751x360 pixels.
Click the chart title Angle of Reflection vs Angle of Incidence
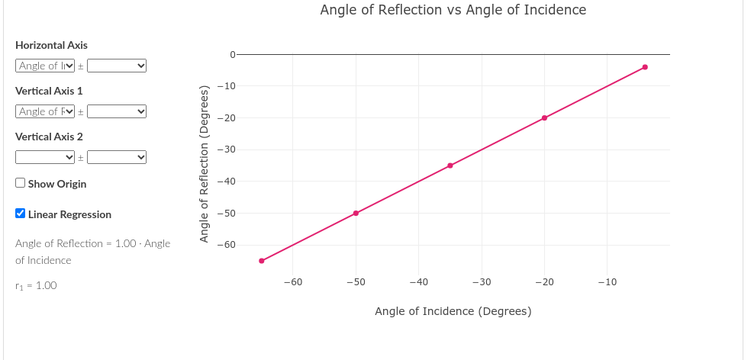453,10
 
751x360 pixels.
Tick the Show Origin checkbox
21,183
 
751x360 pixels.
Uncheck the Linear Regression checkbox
21,214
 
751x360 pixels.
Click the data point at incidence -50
356,213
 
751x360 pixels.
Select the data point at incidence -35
450,166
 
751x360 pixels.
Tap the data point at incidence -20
544,117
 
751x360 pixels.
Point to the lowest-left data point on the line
262,261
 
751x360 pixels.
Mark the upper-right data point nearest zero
645,67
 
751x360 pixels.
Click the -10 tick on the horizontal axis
607,283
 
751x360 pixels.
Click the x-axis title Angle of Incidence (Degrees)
453,311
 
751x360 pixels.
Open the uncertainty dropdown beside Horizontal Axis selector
117,66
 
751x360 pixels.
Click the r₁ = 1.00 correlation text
36,285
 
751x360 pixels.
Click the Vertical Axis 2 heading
49,137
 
